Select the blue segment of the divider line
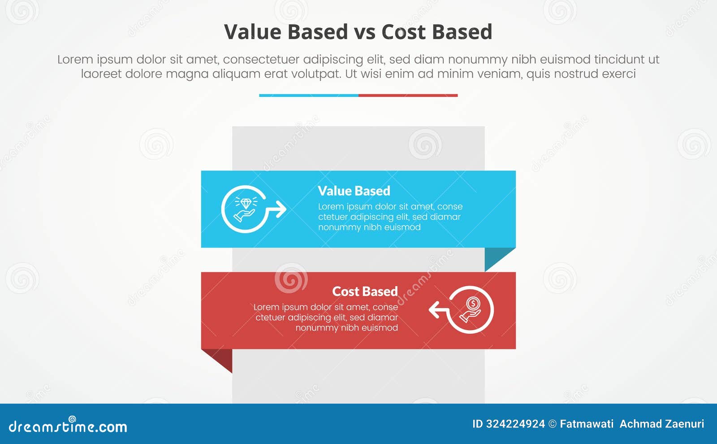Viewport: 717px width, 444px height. (309, 96)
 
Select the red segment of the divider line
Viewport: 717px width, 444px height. (408, 96)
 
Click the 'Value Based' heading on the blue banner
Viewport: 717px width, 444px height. (354, 191)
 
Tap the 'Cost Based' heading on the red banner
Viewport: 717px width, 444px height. (365, 292)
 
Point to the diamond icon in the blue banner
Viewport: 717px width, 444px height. (246, 203)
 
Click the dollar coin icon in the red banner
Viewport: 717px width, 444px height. (473, 304)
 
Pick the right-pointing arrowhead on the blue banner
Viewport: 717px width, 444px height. (281, 209)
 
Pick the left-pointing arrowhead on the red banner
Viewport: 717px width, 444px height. (434, 309)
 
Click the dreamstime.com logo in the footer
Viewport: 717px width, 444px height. (68, 426)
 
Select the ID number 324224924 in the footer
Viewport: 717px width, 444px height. (515, 424)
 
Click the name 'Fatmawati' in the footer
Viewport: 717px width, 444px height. (587, 424)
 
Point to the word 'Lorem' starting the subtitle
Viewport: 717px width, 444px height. (75, 60)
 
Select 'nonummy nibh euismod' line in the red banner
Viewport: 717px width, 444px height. (346, 328)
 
